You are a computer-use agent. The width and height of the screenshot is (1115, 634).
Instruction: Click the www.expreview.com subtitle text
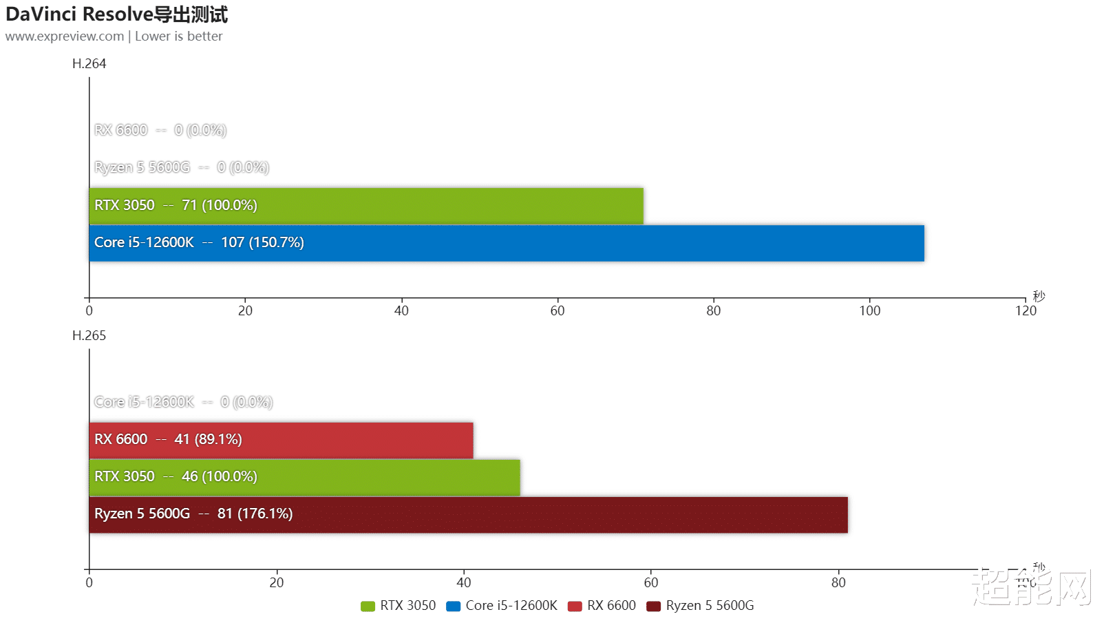pyautogui.click(x=65, y=36)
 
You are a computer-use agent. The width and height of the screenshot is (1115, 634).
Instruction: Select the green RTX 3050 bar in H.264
pyautogui.click(x=365, y=206)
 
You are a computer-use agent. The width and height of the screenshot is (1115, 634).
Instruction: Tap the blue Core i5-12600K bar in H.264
pyautogui.click(x=506, y=243)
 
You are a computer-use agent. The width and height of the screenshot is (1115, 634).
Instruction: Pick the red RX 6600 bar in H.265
pyautogui.click(x=281, y=440)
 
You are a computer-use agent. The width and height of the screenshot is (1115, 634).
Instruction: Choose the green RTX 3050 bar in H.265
pyautogui.click(x=304, y=477)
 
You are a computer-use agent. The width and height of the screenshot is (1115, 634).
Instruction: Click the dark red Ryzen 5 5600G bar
pyautogui.click(x=468, y=514)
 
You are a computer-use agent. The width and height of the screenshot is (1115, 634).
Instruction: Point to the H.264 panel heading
pyautogui.click(x=89, y=64)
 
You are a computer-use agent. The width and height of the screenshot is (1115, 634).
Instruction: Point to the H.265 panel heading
pyautogui.click(x=89, y=336)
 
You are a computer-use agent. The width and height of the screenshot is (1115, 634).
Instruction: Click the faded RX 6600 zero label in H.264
pyautogui.click(x=160, y=130)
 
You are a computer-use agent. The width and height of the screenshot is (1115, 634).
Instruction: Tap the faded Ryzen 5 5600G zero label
pyautogui.click(x=182, y=167)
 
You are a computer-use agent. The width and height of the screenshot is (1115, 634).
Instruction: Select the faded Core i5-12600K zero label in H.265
pyautogui.click(x=183, y=402)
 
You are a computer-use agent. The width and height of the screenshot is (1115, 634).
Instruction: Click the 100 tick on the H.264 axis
pyautogui.click(x=869, y=310)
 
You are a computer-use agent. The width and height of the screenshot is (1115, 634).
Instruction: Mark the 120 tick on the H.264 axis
pyautogui.click(x=1026, y=310)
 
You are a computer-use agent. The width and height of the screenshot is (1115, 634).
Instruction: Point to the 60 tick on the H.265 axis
pyautogui.click(x=651, y=582)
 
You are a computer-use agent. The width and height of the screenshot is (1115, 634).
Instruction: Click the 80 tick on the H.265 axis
pyautogui.click(x=838, y=582)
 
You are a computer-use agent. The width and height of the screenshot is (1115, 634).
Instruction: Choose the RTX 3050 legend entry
pyautogui.click(x=399, y=606)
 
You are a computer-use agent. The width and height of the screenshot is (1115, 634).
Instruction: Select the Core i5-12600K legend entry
pyautogui.click(x=502, y=606)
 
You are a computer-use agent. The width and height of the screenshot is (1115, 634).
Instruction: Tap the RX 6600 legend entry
pyautogui.click(x=602, y=606)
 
